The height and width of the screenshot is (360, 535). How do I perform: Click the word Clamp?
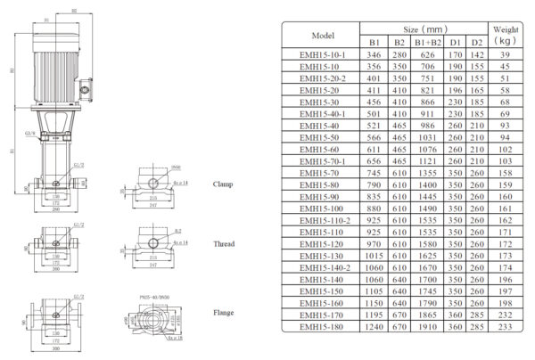click(x=224, y=184)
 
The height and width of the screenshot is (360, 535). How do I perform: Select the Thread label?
click(x=224, y=243)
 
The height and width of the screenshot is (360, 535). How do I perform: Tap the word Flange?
click(x=224, y=313)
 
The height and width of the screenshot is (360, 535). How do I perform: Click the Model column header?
click(x=322, y=36)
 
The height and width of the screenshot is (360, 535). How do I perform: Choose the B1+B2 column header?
click(x=428, y=43)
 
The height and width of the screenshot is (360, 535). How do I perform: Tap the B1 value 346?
click(x=374, y=55)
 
